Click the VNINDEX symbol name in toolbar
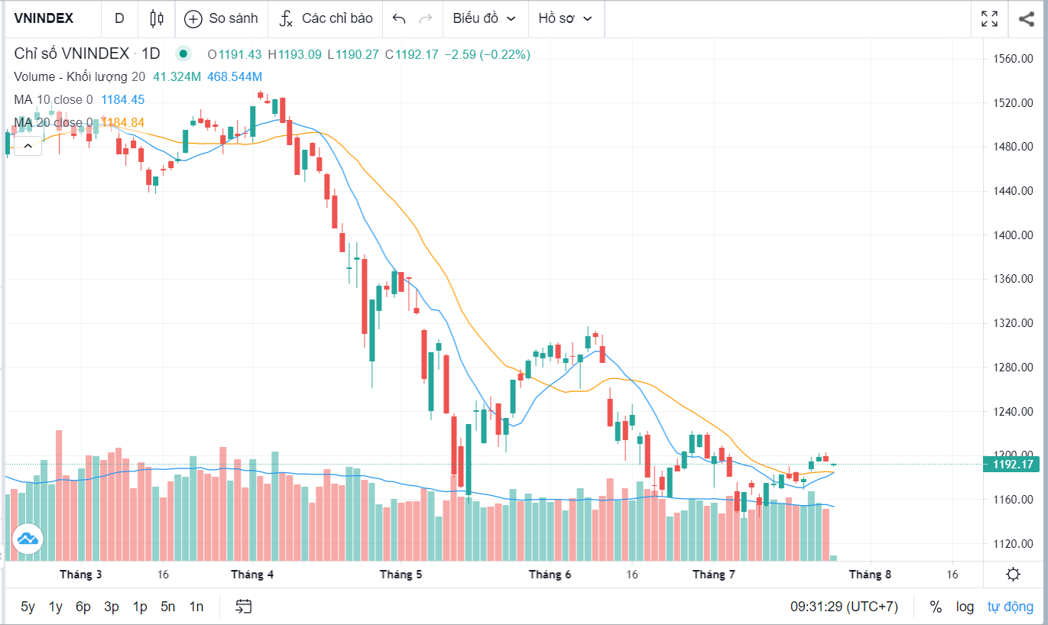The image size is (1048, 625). [x=44, y=18]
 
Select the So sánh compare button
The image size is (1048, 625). [x=222, y=18]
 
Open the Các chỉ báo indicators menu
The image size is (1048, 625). [x=326, y=18]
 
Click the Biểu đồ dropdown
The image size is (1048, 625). [x=484, y=18]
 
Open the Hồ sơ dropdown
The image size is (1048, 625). [x=566, y=18]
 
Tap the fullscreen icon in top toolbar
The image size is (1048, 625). [x=989, y=18]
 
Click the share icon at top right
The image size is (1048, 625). [x=1026, y=18]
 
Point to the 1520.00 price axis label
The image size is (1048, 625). [x=1013, y=102]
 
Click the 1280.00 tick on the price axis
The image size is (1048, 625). [x=1013, y=367]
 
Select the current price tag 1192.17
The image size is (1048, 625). [x=1013, y=465]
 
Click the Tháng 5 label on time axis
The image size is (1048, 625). [x=401, y=575]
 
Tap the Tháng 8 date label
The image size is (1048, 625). [x=870, y=575]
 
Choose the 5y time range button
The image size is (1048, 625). [x=28, y=607]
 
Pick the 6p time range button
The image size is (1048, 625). [x=83, y=607]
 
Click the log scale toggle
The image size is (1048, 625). [x=965, y=607]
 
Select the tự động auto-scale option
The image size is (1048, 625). [x=1010, y=607]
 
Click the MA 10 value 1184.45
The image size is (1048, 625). [x=122, y=99]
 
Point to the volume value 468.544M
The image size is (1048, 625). [x=235, y=76]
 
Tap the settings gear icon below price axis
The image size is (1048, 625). [x=1014, y=575]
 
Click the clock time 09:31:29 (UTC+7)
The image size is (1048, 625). [x=844, y=607]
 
